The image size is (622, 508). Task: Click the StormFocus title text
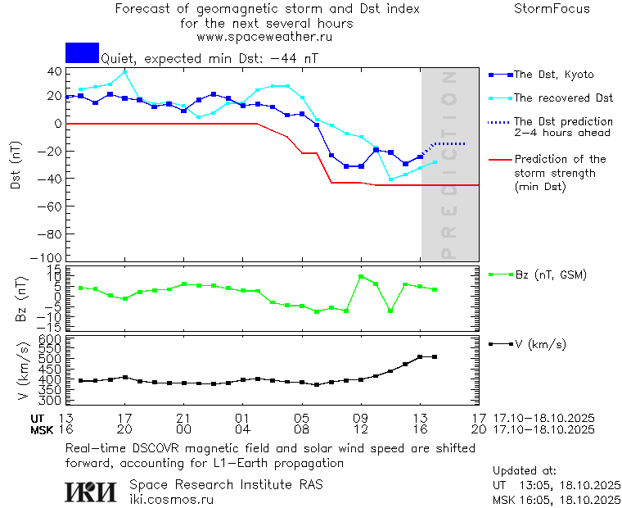pyautogui.click(x=552, y=9)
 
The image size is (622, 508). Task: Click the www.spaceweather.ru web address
pyautogui.click(x=264, y=37)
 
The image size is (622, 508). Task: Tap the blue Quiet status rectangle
pyautogui.click(x=82, y=52)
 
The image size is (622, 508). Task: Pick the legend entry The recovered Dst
pyautogui.click(x=563, y=98)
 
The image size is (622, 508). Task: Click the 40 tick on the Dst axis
pyautogui.click(x=55, y=71)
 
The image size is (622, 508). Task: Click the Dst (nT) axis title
pyautogui.click(x=16, y=166)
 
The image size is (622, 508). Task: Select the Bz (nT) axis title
pyautogui.click(x=21, y=298)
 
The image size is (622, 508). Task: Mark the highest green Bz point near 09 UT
pyautogui.click(x=361, y=277)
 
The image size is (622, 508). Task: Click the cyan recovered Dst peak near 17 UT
pyautogui.click(x=124, y=71)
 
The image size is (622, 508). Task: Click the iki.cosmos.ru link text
pyautogui.click(x=171, y=499)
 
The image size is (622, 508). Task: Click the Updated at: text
pyautogui.click(x=525, y=471)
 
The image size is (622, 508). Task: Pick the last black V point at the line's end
pyautogui.click(x=435, y=357)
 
